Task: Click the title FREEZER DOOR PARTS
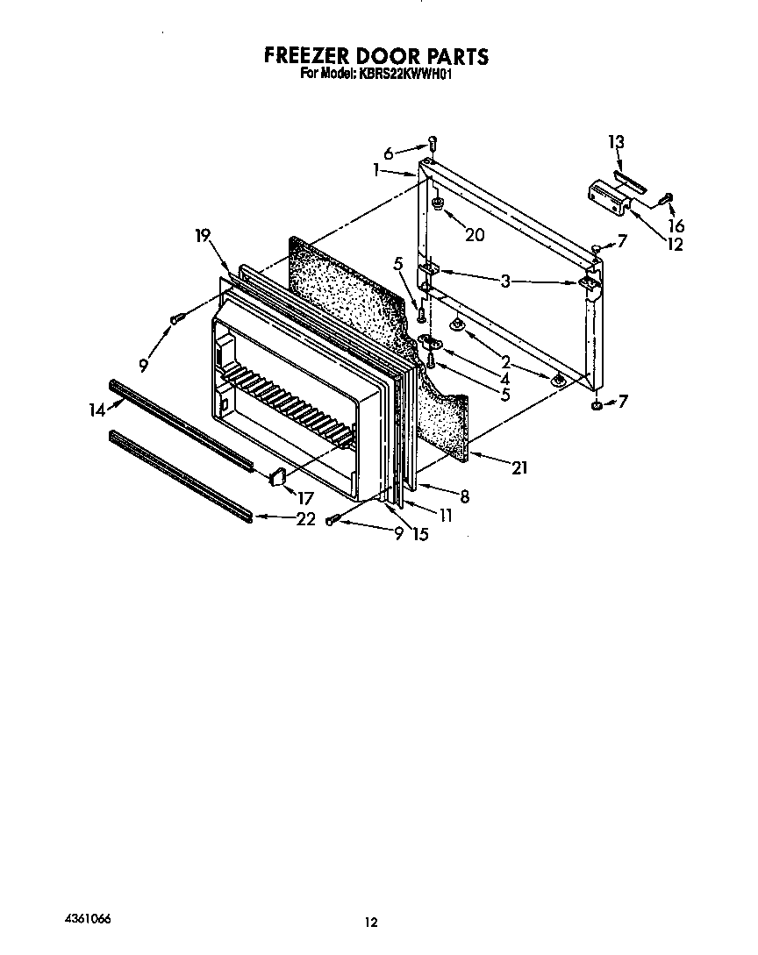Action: (x=376, y=57)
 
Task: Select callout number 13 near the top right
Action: (x=616, y=142)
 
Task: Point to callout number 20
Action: (x=474, y=234)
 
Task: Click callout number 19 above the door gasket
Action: (x=203, y=235)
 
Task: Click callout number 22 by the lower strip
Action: (x=305, y=518)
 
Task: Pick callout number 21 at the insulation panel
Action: (x=518, y=468)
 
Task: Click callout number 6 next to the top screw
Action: (x=388, y=152)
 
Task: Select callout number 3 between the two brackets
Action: (x=507, y=281)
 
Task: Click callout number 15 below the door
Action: (x=420, y=533)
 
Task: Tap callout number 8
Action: (x=464, y=496)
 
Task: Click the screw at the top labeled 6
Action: (x=433, y=144)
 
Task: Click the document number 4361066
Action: (x=88, y=918)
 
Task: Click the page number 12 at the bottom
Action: (x=371, y=922)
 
